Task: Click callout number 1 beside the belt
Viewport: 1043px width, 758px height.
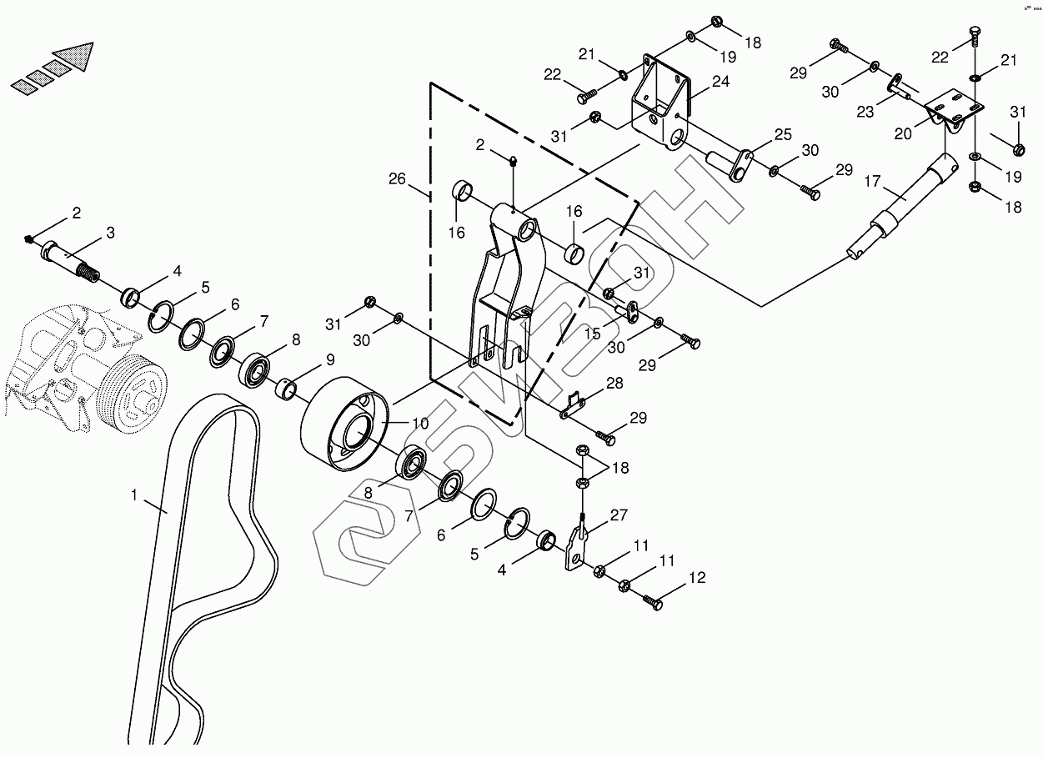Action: point(134,495)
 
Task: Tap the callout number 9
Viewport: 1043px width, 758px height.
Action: point(330,360)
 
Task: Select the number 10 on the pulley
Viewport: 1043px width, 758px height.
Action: point(419,424)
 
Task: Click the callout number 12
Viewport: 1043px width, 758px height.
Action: point(697,576)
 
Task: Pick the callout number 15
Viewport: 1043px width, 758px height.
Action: point(592,334)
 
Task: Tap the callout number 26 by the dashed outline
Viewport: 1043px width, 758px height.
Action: point(397,178)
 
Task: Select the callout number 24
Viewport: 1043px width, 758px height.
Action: point(720,82)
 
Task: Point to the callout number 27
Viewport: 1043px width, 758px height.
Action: point(618,516)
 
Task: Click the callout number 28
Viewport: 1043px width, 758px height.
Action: point(614,383)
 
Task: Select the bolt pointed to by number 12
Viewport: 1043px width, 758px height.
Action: point(653,600)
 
